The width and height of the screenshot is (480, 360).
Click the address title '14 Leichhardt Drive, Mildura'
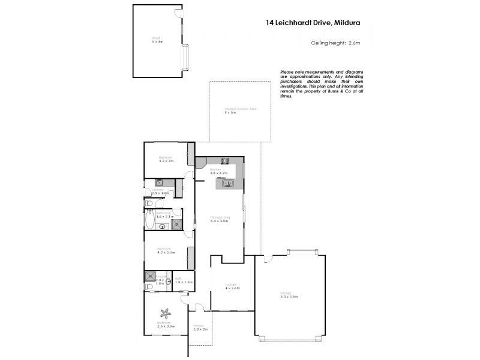click(x=313, y=25)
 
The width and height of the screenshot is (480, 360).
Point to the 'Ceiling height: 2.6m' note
click(x=335, y=43)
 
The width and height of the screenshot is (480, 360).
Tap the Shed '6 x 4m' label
click(x=157, y=41)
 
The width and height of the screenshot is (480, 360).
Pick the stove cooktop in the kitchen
click(x=226, y=160)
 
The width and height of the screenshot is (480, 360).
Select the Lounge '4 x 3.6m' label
click(x=231, y=286)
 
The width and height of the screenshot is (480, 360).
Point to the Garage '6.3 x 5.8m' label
click(x=289, y=295)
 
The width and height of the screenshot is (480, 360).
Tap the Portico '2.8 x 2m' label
click(x=200, y=328)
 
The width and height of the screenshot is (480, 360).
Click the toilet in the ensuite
click(x=149, y=287)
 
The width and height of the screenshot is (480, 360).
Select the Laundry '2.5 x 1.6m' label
click(x=160, y=193)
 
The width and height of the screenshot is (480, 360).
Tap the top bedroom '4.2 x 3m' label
click(x=166, y=160)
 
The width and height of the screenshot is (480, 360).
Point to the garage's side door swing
click(x=268, y=259)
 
